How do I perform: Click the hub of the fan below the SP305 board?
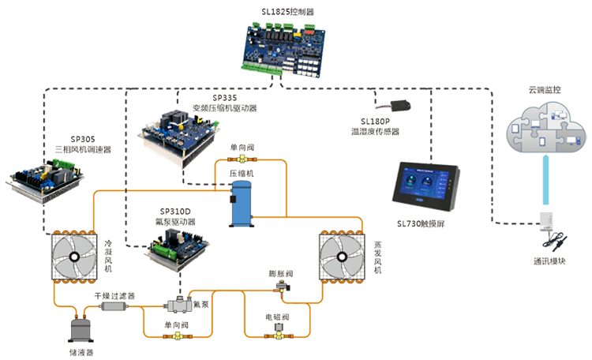pos(74,257)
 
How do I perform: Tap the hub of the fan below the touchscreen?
pos(341,256)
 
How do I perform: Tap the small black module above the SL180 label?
pos(399,103)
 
